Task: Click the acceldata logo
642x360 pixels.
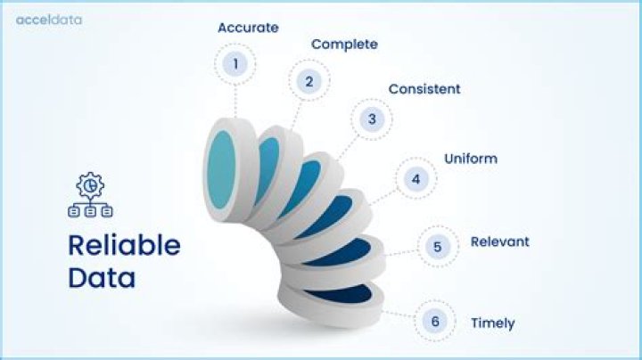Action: click(x=49, y=20)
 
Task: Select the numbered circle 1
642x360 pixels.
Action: click(x=235, y=63)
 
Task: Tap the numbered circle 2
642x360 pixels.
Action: click(x=309, y=81)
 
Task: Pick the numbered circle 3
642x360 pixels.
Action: click(x=372, y=119)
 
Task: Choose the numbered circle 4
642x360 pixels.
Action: click(x=416, y=179)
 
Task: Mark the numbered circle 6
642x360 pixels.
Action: click(x=435, y=322)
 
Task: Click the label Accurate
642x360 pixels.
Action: click(x=248, y=28)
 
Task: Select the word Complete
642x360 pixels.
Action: click(x=344, y=44)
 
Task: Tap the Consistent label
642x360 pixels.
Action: click(x=424, y=89)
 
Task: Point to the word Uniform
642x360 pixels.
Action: click(x=471, y=160)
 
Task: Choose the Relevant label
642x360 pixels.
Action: click(x=499, y=241)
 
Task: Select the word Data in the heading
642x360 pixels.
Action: click(x=102, y=277)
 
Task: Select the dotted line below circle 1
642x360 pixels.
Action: click(x=235, y=101)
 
